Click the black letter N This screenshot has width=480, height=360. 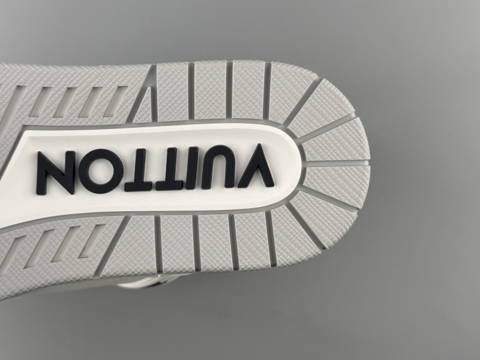[56, 172]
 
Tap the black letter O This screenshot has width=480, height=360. [101, 170]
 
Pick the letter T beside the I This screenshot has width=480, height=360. [169, 169]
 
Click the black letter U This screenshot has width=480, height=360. [218, 167]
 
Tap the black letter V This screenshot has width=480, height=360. [256, 166]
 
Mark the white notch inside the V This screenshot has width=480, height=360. [257, 173]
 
